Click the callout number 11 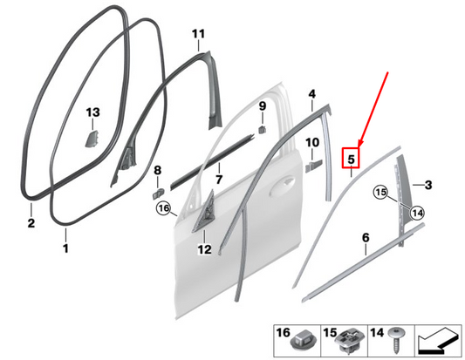click(x=198, y=34)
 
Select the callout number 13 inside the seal click(x=93, y=112)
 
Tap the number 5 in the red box click(x=351, y=160)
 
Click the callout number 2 click(x=31, y=224)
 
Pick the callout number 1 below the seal click(x=65, y=248)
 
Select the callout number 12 click(x=204, y=250)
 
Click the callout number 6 click(x=366, y=237)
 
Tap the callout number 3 click(x=428, y=184)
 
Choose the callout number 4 click(x=311, y=93)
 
